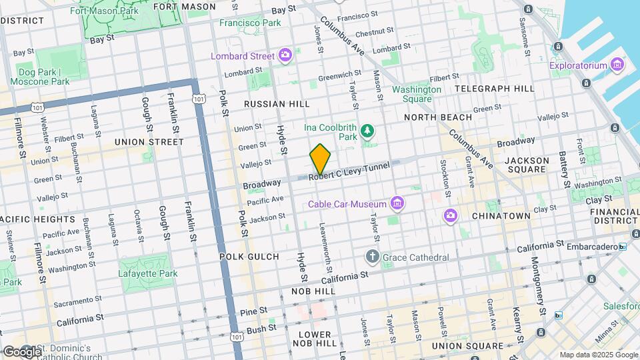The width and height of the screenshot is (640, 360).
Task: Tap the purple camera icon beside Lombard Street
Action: (x=285, y=55)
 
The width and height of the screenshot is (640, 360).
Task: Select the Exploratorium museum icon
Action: (x=617, y=65)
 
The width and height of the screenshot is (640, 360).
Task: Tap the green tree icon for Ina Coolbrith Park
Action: (x=367, y=131)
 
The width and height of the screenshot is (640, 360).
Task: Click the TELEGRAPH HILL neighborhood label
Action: (x=494, y=88)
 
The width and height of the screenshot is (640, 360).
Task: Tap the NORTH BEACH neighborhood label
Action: (x=438, y=117)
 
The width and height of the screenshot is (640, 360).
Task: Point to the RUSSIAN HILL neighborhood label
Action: (x=277, y=104)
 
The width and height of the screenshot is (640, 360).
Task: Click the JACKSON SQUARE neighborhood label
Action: (x=527, y=165)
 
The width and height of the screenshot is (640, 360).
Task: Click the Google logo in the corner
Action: (x=21, y=351)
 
